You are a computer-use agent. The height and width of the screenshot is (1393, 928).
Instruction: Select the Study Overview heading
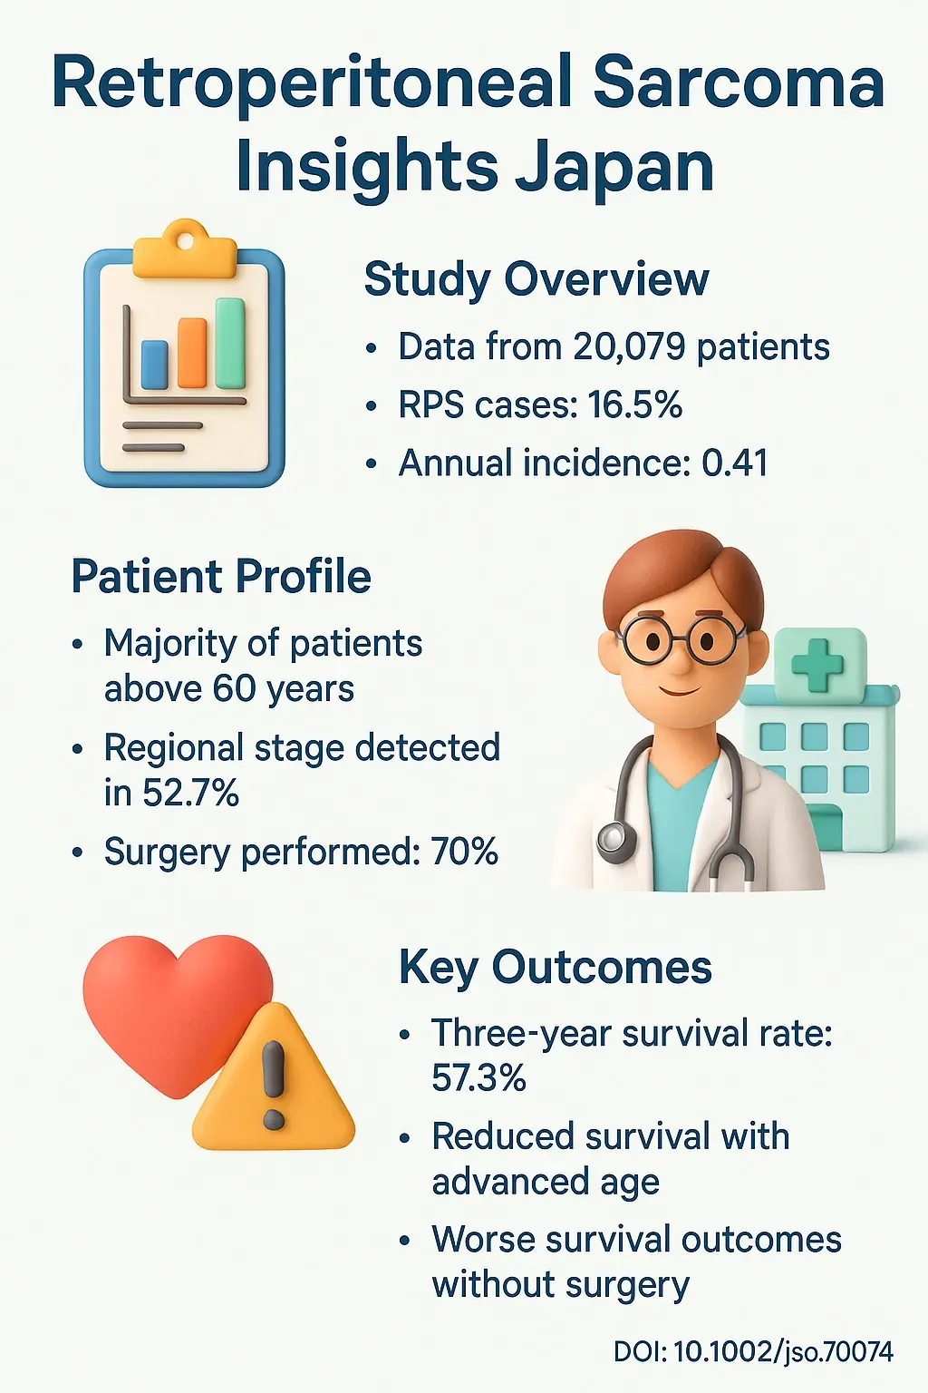(x=536, y=278)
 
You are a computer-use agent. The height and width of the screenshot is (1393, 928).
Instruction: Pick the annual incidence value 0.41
(x=735, y=463)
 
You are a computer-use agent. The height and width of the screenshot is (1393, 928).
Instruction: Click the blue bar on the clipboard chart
(x=155, y=364)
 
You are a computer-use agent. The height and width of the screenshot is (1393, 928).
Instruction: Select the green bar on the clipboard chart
(x=230, y=343)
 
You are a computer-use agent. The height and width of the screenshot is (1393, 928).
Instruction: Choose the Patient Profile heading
(x=221, y=576)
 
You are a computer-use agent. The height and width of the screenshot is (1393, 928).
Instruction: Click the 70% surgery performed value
(x=464, y=852)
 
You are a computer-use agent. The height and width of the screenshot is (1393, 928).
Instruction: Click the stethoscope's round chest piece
(x=615, y=839)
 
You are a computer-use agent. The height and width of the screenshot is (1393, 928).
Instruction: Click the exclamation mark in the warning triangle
(x=273, y=1085)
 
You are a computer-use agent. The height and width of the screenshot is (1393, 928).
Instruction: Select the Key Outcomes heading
(x=555, y=967)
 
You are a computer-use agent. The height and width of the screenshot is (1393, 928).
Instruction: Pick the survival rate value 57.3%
(x=478, y=1078)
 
